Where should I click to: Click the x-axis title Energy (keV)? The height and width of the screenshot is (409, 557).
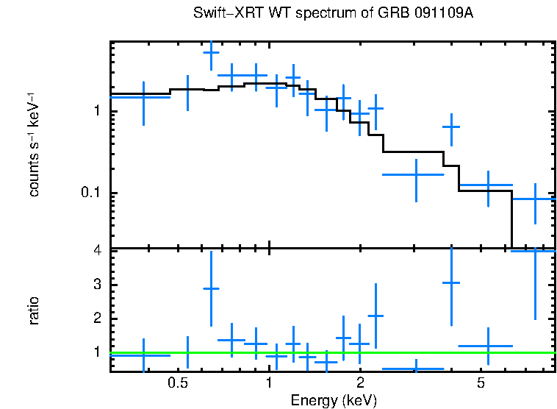click(x=334, y=400)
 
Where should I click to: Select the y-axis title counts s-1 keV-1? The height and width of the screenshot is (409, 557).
click(x=34, y=145)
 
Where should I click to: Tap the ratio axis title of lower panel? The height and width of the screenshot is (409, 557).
click(x=34, y=310)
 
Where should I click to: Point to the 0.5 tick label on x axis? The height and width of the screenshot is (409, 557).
click(x=177, y=383)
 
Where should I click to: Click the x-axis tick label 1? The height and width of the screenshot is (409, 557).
click(x=270, y=383)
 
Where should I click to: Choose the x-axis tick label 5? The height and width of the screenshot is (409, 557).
click(x=481, y=383)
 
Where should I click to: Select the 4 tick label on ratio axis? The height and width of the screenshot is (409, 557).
click(x=96, y=251)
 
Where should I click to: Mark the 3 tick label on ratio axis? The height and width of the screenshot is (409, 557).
click(x=96, y=285)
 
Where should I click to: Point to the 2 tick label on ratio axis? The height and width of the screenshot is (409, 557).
click(x=96, y=319)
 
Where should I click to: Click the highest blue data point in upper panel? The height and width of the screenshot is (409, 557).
click(x=212, y=52)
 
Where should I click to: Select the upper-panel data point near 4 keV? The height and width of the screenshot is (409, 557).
click(x=450, y=127)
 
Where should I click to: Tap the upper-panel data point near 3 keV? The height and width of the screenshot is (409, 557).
click(x=416, y=175)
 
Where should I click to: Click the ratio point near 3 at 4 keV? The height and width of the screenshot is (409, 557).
click(x=450, y=282)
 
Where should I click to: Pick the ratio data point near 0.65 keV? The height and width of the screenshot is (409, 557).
click(x=212, y=289)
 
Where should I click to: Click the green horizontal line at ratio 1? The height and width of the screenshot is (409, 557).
click(x=331, y=352)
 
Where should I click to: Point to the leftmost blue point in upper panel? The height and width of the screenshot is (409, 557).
click(x=143, y=96)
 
